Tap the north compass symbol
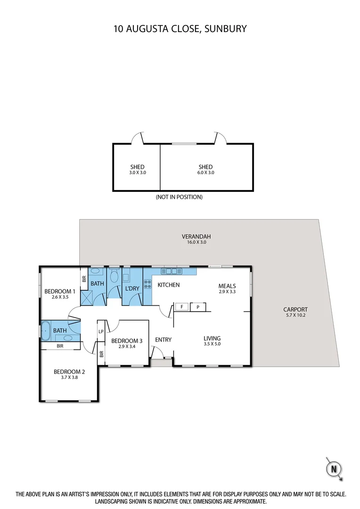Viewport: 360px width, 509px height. click(x=334, y=468)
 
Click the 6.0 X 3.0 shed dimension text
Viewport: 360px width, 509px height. click(x=205, y=173)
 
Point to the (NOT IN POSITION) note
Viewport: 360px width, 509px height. click(x=179, y=197)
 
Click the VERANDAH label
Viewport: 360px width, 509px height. click(x=196, y=237)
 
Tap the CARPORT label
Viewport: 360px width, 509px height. click(x=295, y=310)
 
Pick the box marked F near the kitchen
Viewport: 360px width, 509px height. click(x=181, y=307)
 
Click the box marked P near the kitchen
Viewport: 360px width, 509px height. click(x=197, y=307)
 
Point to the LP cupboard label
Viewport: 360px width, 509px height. click(x=101, y=331)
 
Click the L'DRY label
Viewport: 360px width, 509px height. click(x=131, y=287)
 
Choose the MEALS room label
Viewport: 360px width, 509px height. click(x=227, y=286)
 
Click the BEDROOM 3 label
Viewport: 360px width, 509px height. click(x=127, y=341)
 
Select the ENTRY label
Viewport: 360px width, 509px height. click(x=163, y=340)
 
